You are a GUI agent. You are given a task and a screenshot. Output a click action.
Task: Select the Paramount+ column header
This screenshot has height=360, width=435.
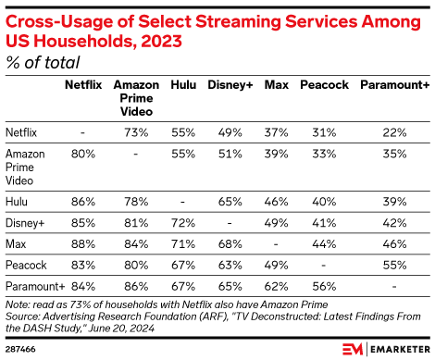393,84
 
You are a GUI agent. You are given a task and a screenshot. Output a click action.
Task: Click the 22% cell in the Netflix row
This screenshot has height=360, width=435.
393,131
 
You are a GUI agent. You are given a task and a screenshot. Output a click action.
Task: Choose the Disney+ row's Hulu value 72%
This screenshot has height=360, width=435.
183,222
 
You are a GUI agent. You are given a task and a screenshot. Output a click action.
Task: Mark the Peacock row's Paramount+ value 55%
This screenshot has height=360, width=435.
393,265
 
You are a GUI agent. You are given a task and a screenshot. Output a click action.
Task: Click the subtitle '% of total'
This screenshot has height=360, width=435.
43,61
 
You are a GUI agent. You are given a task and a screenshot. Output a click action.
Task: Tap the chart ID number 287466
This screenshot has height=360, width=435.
22,348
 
